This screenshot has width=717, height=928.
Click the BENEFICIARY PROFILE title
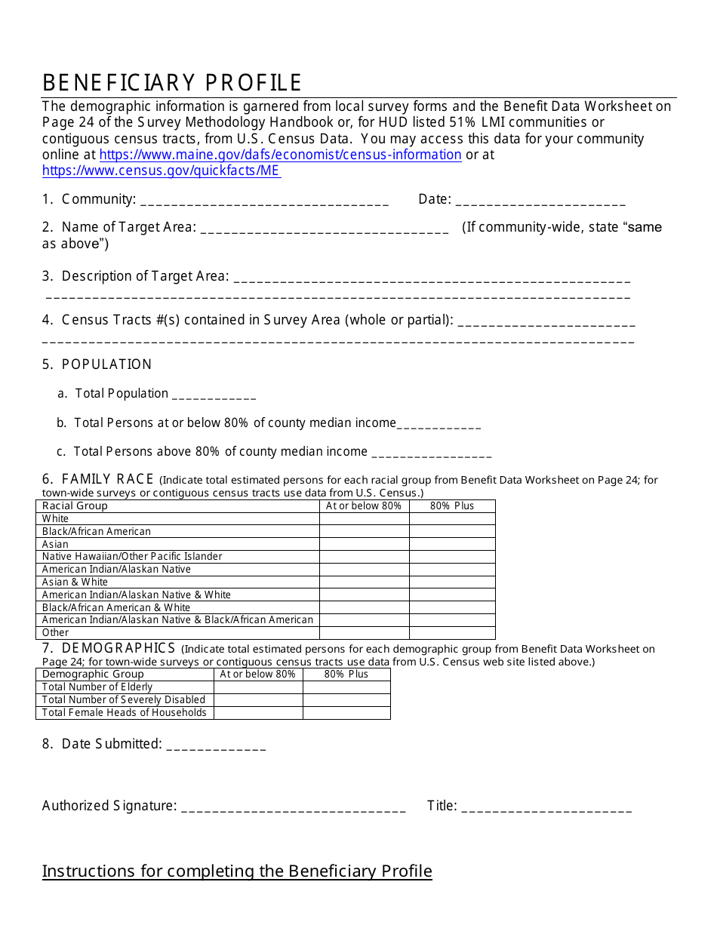172,83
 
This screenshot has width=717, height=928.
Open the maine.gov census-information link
280,155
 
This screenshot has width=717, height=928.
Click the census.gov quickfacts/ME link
161,171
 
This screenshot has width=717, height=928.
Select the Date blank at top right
540,201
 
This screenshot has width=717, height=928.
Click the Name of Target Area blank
325,229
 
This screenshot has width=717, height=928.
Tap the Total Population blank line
214,395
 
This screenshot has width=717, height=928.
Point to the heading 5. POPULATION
97,364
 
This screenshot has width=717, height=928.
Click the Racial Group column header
75,506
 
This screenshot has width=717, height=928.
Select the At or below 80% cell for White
364,519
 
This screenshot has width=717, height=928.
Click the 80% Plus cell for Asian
452,544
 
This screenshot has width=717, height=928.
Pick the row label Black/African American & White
116,607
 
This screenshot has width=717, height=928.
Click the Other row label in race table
55,633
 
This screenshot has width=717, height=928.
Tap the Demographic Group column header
92,674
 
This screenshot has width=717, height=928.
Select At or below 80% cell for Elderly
258,687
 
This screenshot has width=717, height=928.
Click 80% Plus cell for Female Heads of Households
346,713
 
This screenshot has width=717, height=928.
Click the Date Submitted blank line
216,745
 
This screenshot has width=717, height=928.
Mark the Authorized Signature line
294,807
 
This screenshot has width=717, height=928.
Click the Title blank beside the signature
546,807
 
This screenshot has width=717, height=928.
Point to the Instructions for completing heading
237,871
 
